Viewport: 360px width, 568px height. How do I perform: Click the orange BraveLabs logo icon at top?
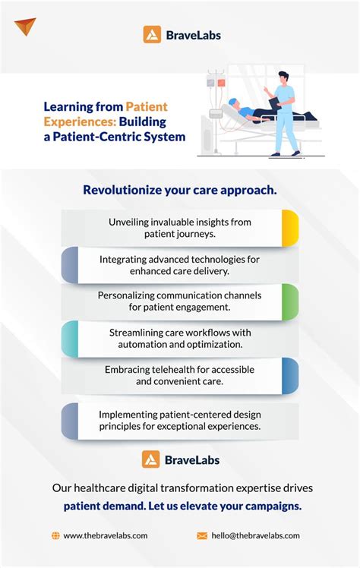click(152, 34)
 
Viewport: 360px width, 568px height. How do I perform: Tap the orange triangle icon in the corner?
click(25, 27)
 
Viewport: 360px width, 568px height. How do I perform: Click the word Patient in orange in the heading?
click(147, 107)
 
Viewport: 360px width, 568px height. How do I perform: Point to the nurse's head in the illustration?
click(282, 78)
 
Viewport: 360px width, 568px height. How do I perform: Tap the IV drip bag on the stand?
click(216, 80)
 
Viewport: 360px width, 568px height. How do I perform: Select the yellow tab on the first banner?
click(289, 229)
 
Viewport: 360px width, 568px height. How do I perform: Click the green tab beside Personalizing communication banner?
click(289, 302)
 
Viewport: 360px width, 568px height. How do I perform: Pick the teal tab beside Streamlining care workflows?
click(70, 339)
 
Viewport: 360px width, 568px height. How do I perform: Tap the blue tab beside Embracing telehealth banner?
click(289, 376)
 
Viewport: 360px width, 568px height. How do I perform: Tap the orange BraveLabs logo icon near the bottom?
click(151, 459)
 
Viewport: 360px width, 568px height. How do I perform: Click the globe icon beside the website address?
click(55, 535)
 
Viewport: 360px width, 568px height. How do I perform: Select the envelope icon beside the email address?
click(202, 535)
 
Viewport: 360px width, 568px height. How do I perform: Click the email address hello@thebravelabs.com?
click(256, 535)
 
